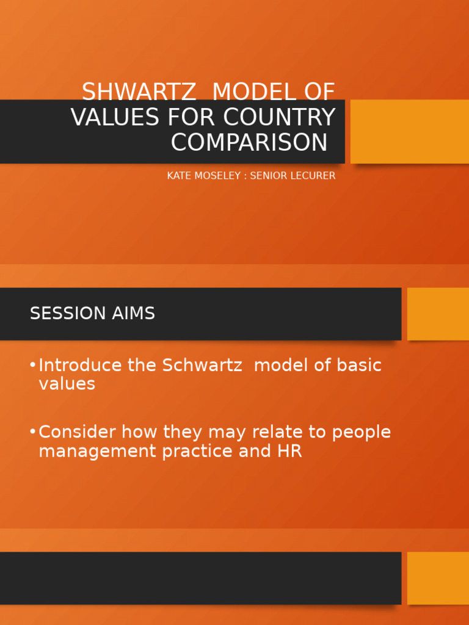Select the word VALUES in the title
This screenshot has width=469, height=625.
(x=113, y=117)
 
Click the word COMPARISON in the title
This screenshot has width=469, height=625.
(x=249, y=143)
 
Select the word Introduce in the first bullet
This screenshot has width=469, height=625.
(x=80, y=366)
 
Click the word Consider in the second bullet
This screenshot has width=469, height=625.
(x=78, y=432)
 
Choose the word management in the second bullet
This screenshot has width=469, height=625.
(x=98, y=452)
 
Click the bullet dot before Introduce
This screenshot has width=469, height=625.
(x=32, y=365)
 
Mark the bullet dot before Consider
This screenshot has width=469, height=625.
(x=32, y=432)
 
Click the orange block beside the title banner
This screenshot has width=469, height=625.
(x=410, y=131)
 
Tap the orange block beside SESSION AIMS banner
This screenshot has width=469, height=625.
(x=438, y=314)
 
